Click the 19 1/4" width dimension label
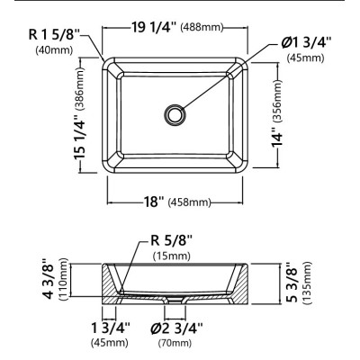(x=154, y=28)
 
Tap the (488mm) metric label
(x=202, y=28)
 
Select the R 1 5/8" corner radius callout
(x=54, y=35)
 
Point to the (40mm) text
(x=54, y=49)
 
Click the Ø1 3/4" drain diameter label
(x=307, y=42)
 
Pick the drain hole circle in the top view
(x=174, y=114)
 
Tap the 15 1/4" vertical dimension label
(x=81, y=137)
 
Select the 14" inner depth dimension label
(x=277, y=138)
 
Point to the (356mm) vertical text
(x=278, y=101)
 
